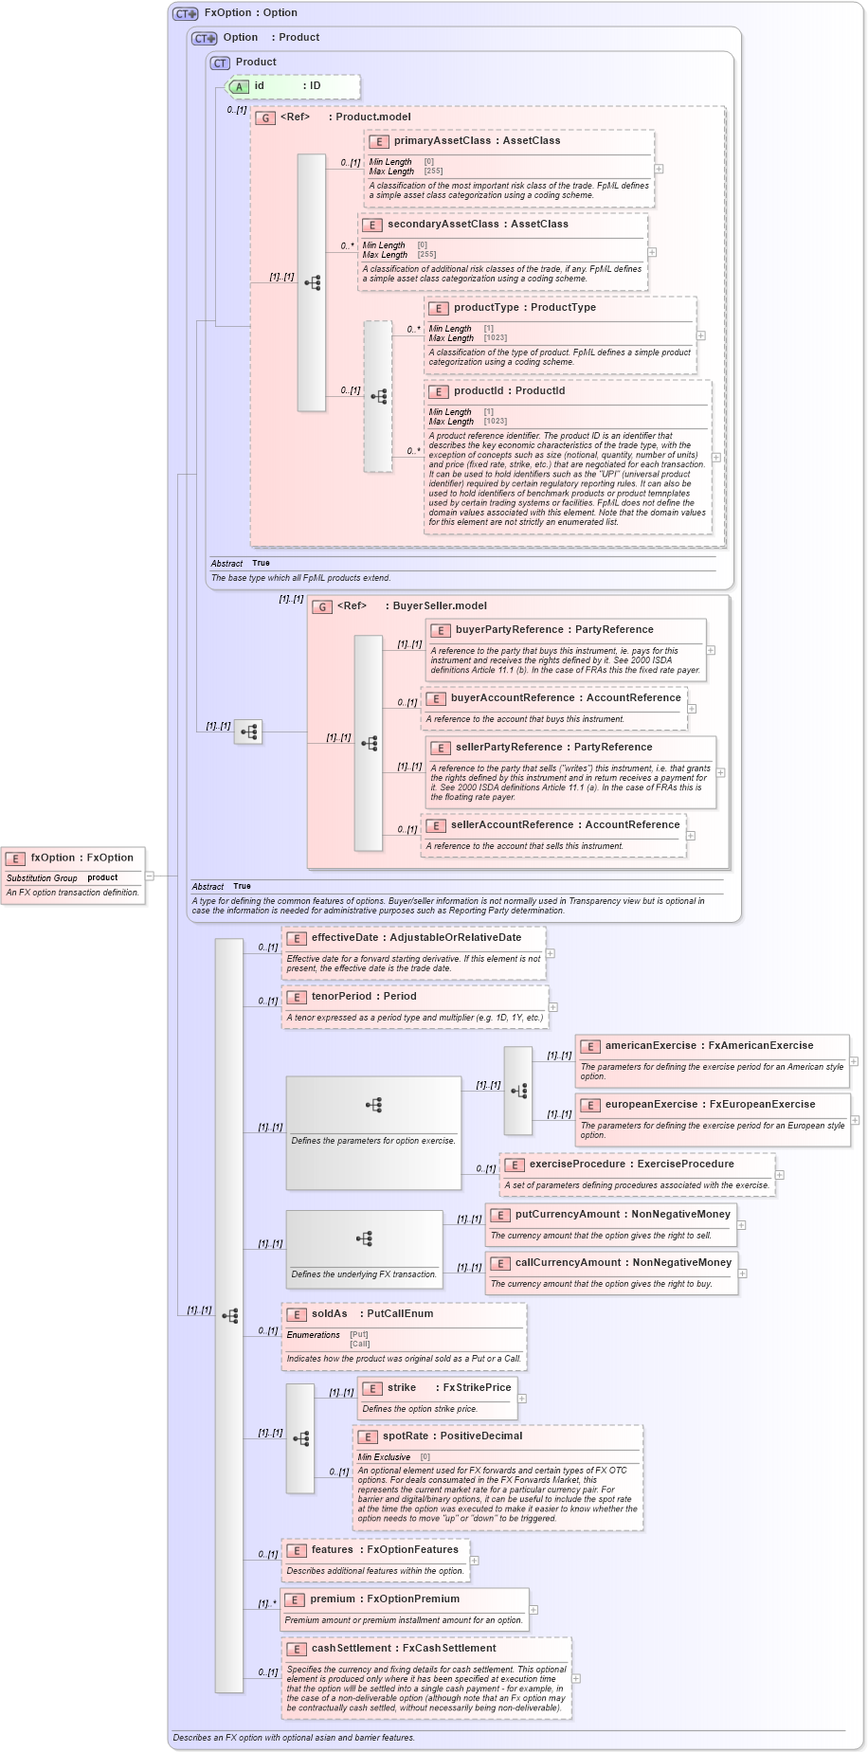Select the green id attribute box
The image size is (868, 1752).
[x=294, y=86]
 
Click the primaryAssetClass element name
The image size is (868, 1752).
[x=443, y=140]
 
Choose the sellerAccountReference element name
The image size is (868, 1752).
[x=512, y=824]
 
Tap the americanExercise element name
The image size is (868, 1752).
[x=650, y=1045]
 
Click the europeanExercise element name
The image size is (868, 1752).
[x=651, y=1104]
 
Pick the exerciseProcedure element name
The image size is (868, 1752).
[x=577, y=1164]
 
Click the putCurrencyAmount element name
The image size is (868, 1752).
[x=567, y=1214]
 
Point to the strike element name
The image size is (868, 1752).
[x=402, y=1387]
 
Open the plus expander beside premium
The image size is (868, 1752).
[x=533, y=1609]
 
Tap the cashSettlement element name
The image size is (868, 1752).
[x=351, y=1648]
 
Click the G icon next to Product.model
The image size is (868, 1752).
[x=265, y=117]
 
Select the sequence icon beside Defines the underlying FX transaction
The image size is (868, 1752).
[x=364, y=1238]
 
